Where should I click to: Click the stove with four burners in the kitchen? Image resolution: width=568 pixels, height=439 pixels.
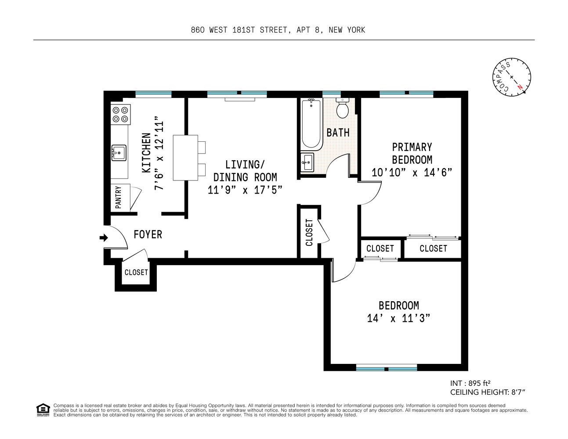120,114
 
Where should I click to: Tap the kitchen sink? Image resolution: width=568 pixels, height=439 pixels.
119,153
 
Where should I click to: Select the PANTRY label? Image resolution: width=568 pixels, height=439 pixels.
118,198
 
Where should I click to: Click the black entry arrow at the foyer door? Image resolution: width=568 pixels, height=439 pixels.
104,238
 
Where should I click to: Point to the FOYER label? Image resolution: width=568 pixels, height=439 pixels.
148,234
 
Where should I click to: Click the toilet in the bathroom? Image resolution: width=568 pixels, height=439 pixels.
342,108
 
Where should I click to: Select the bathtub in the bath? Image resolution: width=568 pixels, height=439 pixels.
311,124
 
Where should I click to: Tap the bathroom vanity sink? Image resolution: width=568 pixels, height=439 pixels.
308,162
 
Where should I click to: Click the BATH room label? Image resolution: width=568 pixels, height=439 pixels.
338,132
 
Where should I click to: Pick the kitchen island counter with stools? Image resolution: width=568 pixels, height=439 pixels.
185,158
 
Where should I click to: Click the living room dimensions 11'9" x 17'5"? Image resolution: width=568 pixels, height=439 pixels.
245,190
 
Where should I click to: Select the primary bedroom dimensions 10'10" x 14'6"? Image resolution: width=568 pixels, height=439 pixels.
412,173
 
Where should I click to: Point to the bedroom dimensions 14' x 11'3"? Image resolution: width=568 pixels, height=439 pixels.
398,318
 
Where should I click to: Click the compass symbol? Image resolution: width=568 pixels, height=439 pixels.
512,77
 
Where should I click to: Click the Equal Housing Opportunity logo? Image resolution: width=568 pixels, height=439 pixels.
43,410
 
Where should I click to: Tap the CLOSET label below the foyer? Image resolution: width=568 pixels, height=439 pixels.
136,272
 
